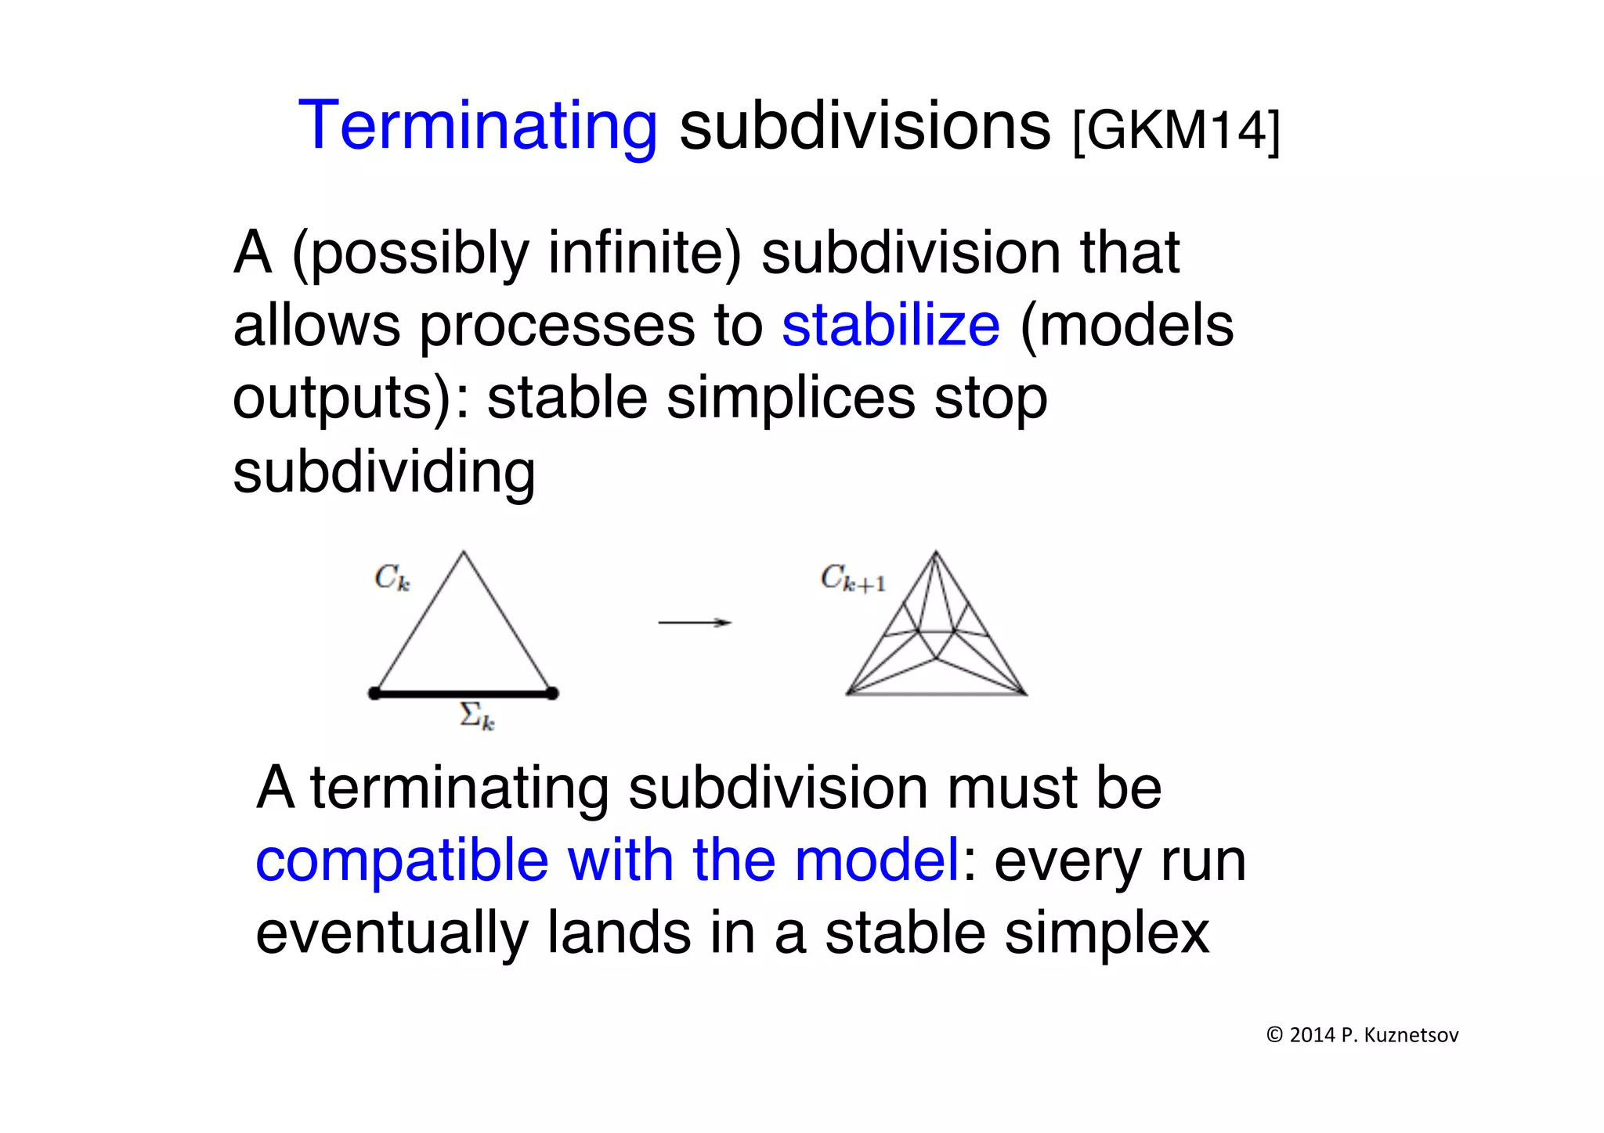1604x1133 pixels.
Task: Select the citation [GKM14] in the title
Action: (x=1176, y=130)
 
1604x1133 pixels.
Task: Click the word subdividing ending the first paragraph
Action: (x=384, y=472)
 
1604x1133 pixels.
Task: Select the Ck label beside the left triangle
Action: (x=392, y=578)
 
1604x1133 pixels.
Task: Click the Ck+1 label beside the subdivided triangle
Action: (x=852, y=579)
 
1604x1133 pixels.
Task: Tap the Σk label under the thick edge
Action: (x=476, y=716)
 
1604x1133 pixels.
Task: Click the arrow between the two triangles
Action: (x=694, y=622)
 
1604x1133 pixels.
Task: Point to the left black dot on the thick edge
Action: (x=374, y=693)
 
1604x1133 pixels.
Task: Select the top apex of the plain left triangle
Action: (x=464, y=553)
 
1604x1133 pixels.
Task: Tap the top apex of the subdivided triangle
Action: (x=935, y=553)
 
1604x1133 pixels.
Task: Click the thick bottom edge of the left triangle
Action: (x=463, y=693)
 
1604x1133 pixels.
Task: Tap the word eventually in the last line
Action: (x=392, y=933)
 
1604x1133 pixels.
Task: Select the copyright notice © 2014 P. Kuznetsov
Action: (x=1362, y=1035)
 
